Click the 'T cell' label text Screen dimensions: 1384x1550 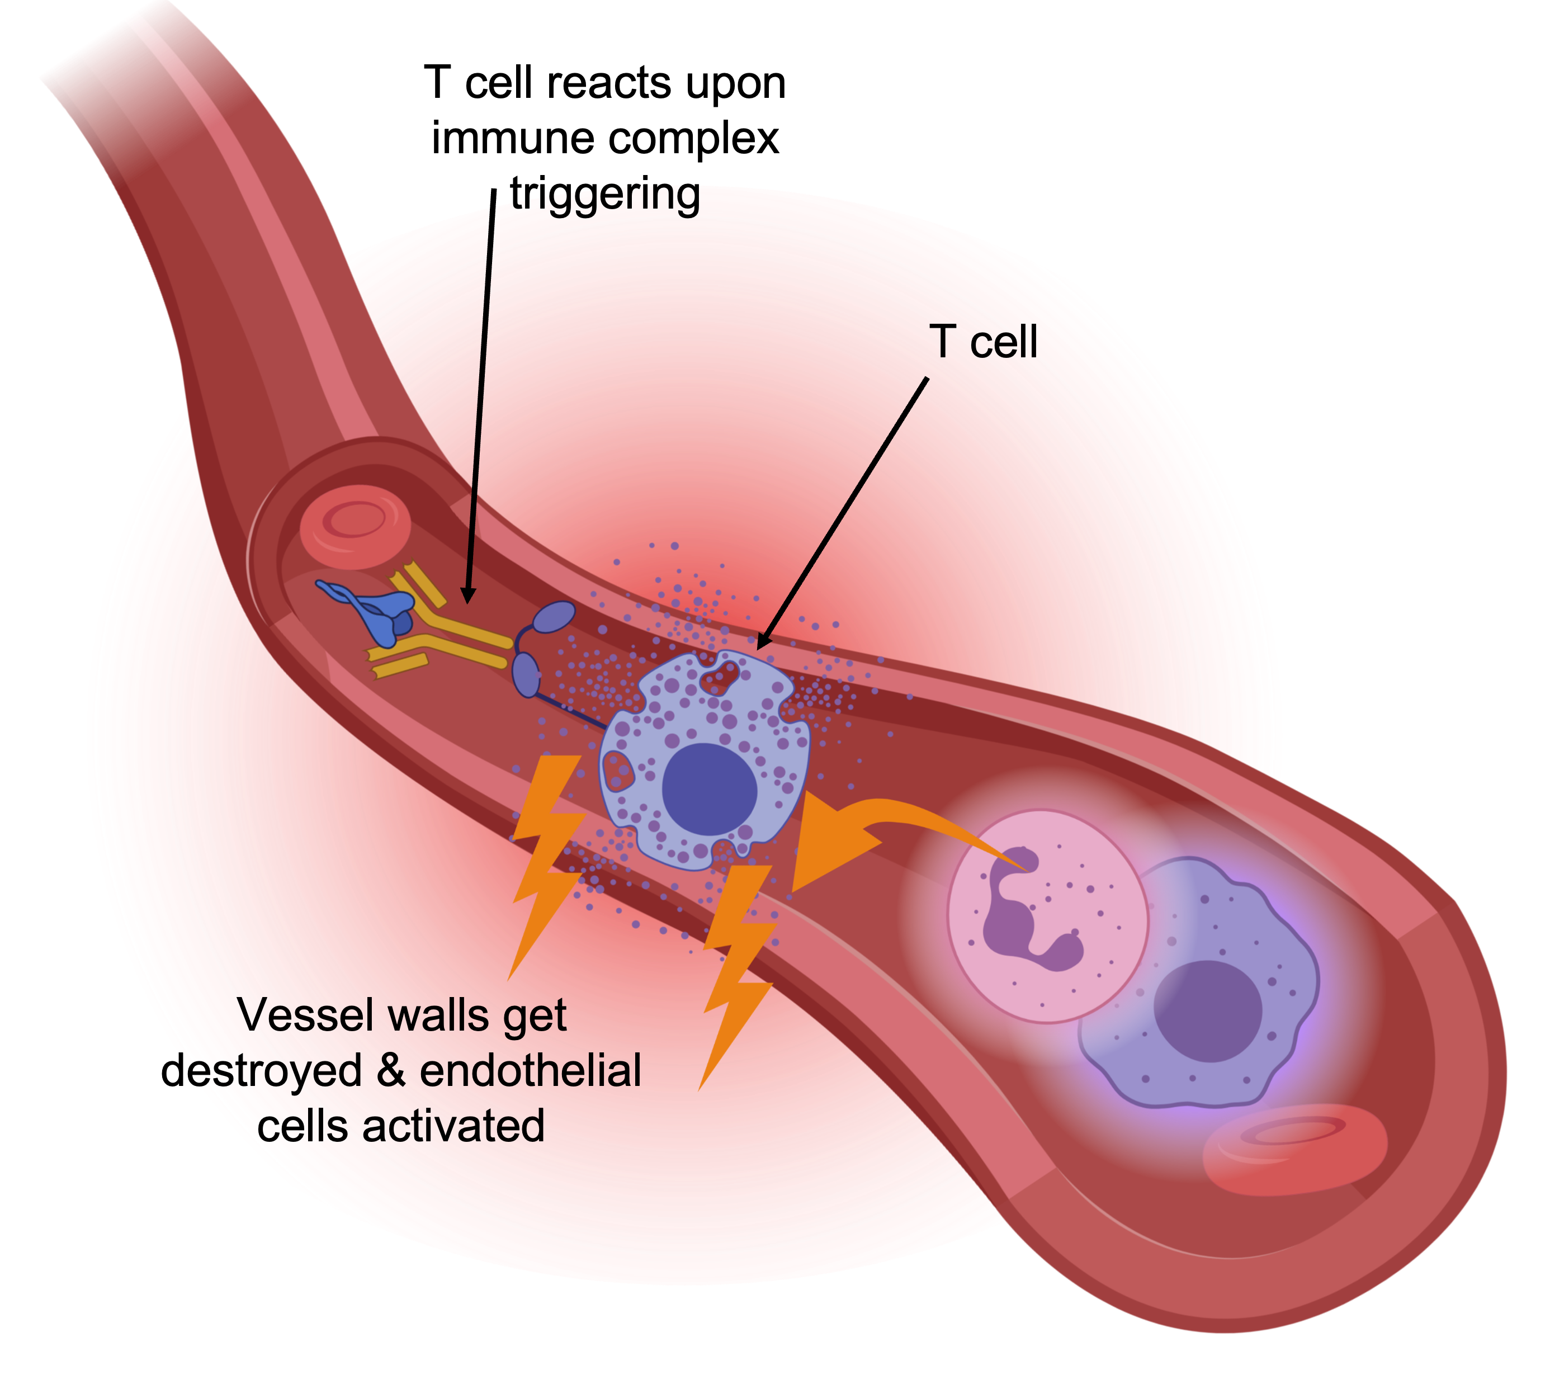point(982,342)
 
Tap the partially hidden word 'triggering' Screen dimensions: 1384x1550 point(604,196)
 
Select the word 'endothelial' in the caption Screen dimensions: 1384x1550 point(530,1071)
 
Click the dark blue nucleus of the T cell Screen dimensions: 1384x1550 point(709,790)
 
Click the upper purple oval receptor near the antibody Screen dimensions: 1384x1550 point(557,617)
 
